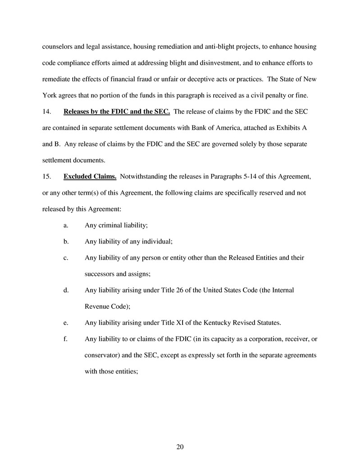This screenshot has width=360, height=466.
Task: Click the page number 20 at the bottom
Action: tap(180, 447)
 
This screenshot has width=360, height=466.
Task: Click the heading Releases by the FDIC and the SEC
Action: tap(117, 111)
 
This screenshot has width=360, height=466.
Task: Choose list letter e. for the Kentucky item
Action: tap(66, 322)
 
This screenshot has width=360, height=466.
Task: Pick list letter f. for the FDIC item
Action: tap(66, 338)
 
